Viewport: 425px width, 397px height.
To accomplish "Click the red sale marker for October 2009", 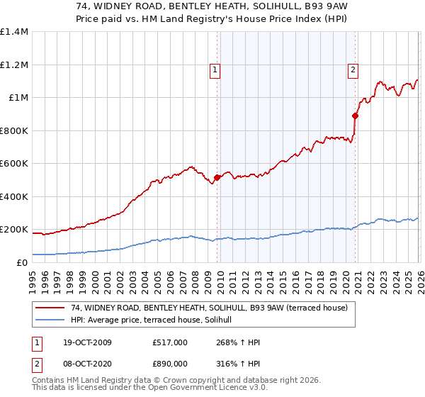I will (x=217, y=178).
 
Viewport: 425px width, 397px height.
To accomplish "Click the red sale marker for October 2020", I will (x=355, y=116).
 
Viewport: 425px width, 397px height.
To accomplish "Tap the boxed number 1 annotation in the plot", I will (x=215, y=69).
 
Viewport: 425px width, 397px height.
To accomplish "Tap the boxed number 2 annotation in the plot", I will (x=352, y=69).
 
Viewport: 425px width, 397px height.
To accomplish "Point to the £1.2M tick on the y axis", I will (x=14, y=65).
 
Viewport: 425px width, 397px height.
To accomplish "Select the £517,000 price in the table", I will (x=170, y=342).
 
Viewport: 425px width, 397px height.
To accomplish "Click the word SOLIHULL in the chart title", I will (x=280, y=7).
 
